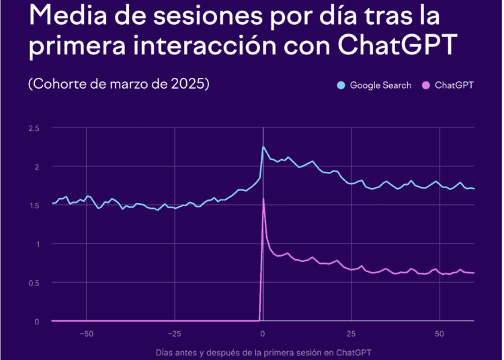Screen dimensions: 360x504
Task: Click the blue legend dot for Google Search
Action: (x=341, y=86)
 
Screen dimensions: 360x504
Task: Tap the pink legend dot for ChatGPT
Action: (x=425, y=86)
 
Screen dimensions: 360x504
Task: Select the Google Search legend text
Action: (x=380, y=86)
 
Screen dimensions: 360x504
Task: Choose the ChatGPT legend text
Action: (x=454, y=86)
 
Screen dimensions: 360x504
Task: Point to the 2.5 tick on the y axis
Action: (x=34, y=128)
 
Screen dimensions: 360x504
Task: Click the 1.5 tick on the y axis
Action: (x=34, y=205)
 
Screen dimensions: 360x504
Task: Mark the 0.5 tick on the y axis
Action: (x=34, y=283)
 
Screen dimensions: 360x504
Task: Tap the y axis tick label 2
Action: (x=37, y=167)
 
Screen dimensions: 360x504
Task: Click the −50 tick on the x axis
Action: (x=85, y=334)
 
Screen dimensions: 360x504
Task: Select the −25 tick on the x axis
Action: (x=174, y=334)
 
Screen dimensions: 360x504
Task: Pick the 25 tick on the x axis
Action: (x=351, y=334)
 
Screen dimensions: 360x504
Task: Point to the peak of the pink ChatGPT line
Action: (x=263, y=199)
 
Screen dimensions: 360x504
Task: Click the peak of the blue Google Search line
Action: (x=263, y=146)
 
